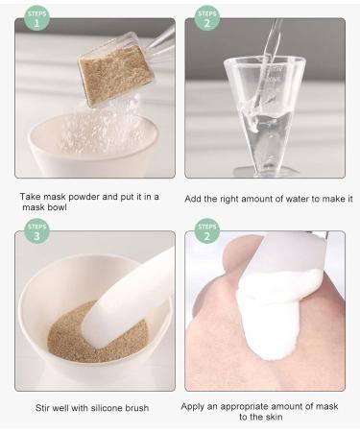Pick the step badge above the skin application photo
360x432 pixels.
[x=205, y=231]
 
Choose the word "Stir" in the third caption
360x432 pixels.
[x=41, y=407]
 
